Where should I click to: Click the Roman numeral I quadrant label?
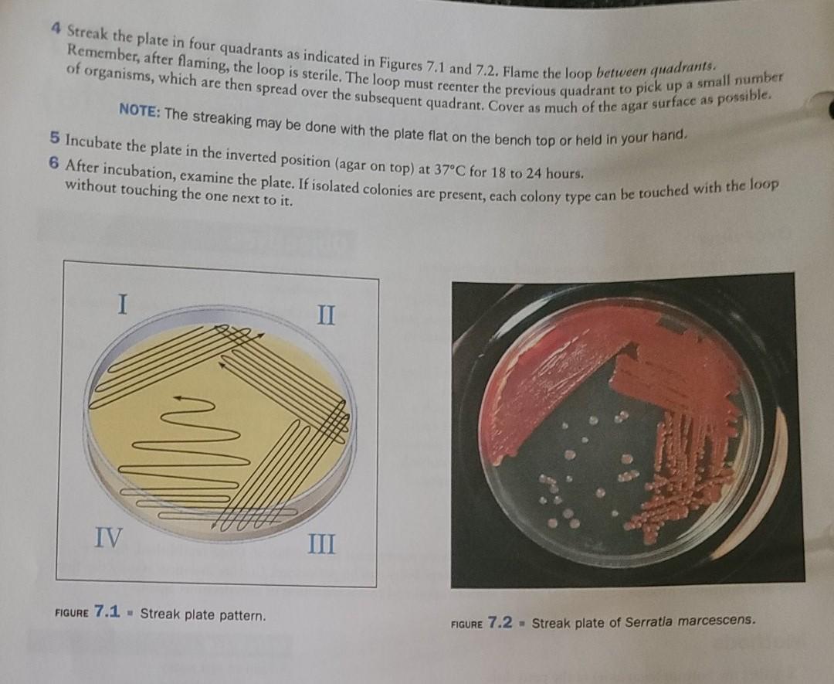[120, 303]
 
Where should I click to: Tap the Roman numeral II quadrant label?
[326, 315]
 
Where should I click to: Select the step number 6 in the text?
[56, 165]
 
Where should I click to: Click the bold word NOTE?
[139, 111]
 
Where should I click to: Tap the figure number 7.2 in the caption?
[499, 623]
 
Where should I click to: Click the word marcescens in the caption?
[717, 621]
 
